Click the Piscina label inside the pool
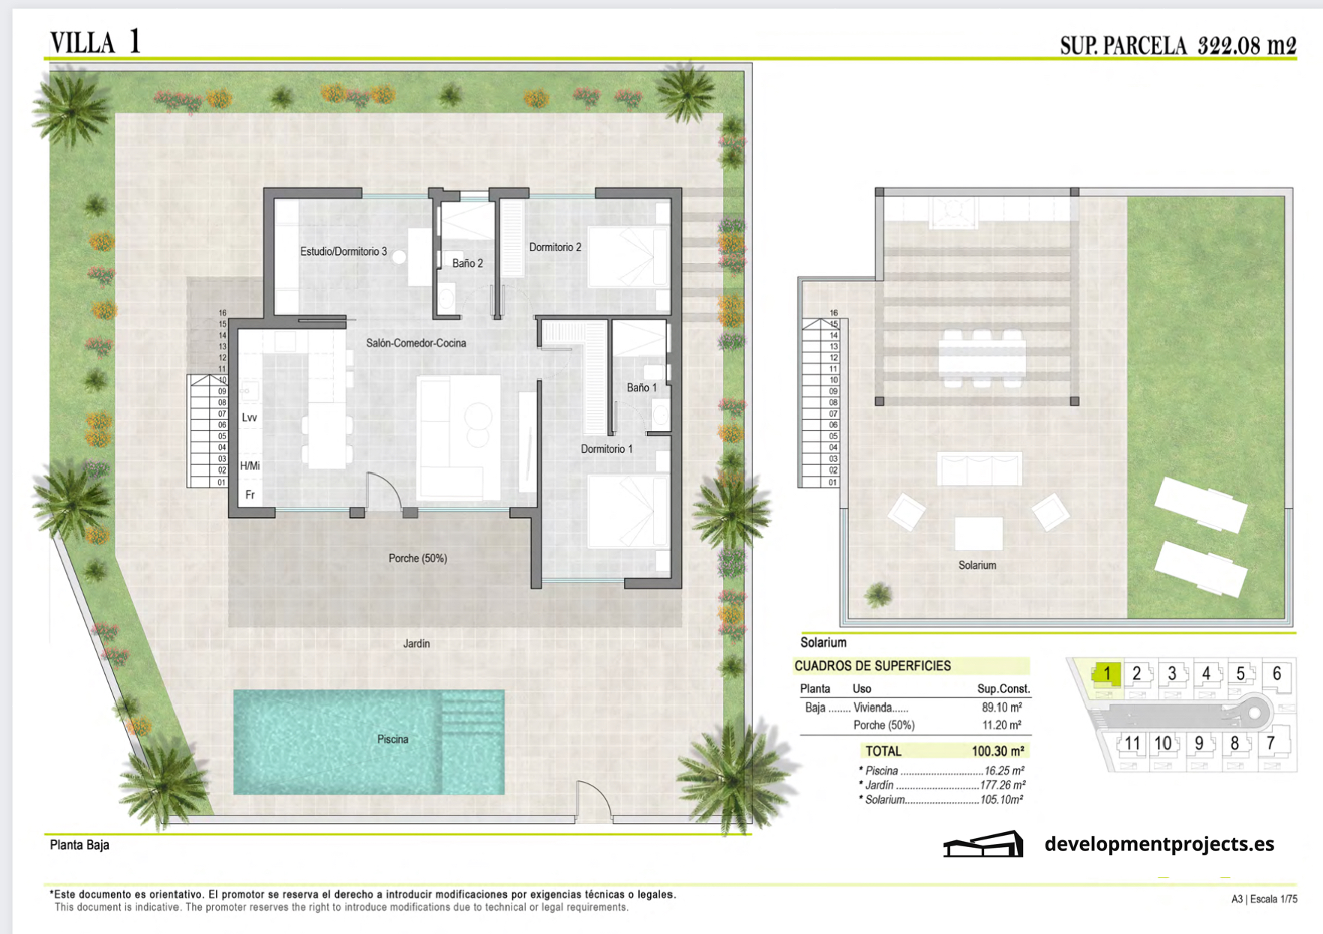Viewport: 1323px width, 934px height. click(392, 739)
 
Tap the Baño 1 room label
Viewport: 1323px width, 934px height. click(641, 388)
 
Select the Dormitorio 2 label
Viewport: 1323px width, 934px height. click(555, 247)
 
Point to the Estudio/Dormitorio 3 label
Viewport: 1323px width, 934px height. click(343, 251)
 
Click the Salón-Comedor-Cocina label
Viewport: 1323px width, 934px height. click(416, 343)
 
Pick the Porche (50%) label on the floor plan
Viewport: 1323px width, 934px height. click(418, 558)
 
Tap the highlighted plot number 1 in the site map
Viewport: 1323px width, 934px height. click(1106, 674)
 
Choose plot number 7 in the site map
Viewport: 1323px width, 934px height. click(1270, 743)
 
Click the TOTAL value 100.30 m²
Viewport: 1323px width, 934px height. click(997, 751)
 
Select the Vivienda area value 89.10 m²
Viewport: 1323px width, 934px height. click(1001, 708)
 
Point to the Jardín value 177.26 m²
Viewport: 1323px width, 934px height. click(1003, 786)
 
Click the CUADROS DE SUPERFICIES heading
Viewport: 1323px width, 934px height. click(872, 666)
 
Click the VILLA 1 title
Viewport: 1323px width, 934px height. click(95, 42)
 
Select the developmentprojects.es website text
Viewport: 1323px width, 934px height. click(1159, 844)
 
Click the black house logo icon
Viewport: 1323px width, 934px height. click(983, 844)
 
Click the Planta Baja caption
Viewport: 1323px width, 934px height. click(79, 845)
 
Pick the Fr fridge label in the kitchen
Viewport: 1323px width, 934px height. click(250, 495)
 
